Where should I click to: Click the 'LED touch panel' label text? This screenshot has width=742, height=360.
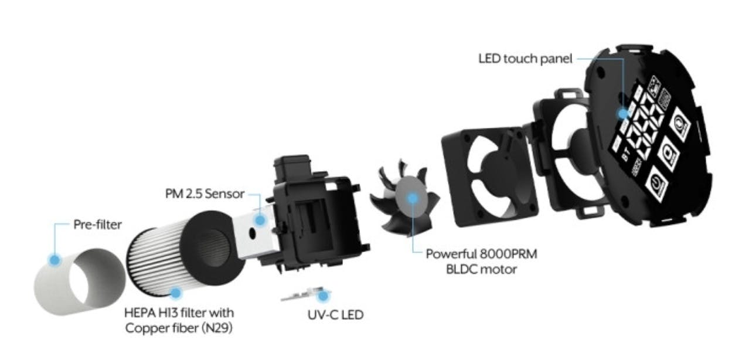[525, 59]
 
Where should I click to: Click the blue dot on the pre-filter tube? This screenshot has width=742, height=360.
[55, 259]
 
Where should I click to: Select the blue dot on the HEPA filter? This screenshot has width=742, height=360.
[175, 291]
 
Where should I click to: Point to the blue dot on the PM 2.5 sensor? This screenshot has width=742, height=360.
[260, 220]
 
